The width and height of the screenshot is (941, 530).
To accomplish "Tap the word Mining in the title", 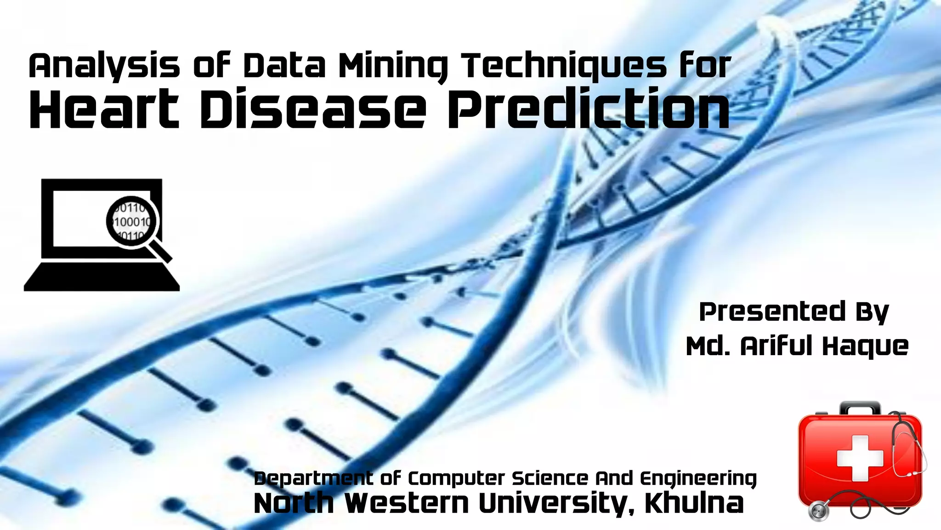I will click(393, 66).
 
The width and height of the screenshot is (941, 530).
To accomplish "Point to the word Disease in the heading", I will click(312, 109).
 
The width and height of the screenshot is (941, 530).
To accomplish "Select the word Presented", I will click(772, 311).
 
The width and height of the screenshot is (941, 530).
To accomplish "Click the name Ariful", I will click(777, 346).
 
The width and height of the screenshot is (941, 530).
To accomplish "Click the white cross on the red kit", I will click(860, 458).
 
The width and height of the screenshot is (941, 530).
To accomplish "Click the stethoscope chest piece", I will click(818, 511).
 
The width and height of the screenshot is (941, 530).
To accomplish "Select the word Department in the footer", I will click(313, 478).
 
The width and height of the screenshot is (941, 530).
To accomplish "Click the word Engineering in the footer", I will click(698, 479).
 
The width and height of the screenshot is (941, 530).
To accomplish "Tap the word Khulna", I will click(694, 503).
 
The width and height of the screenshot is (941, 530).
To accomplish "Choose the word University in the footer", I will click(556, 503).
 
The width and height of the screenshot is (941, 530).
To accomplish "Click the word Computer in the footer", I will click(456, 479).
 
